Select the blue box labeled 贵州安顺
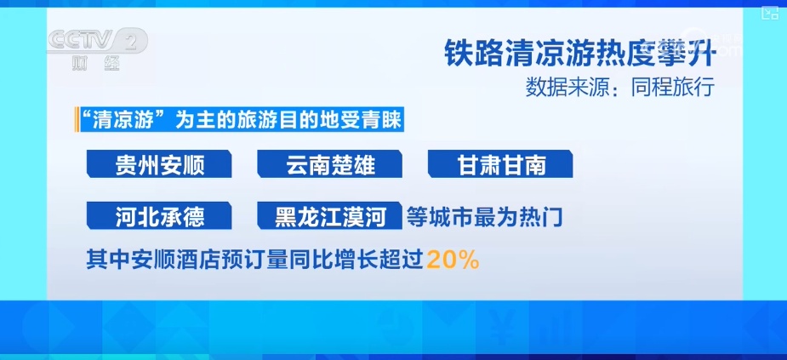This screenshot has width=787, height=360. pos(159,165)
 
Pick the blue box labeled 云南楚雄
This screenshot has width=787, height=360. pos(330,165)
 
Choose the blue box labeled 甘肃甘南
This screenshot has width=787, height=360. pos(500,165)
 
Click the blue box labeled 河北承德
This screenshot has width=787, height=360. pos(159,216)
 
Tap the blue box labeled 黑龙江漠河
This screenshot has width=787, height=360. pos(330,216)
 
